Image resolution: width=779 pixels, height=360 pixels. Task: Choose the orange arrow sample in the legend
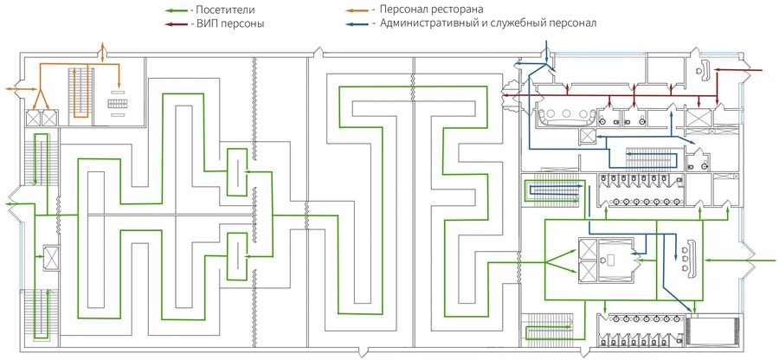tap(358, 10)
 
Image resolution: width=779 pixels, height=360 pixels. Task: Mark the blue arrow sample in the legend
tap(358, 23)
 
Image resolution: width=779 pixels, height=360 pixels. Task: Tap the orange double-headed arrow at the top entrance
tap(102, 53)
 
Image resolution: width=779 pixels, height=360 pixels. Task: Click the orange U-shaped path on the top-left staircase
tap(80, 93)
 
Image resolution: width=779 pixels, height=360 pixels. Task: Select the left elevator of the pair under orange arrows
tap(33, 118)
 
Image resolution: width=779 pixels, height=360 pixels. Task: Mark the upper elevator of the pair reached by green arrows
tap(589, 249)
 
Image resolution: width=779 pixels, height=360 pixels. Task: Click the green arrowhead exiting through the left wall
tap(9, 203)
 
